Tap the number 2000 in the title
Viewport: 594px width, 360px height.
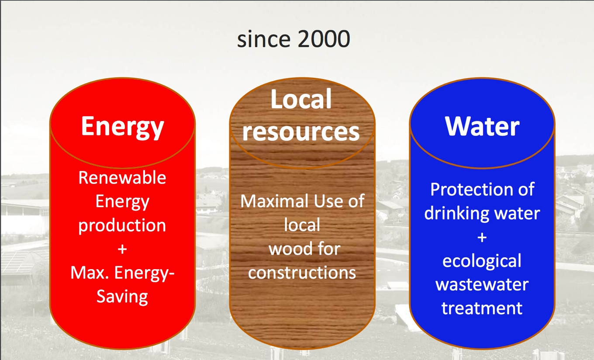pos(324,39)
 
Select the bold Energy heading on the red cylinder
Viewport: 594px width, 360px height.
pos(122,127)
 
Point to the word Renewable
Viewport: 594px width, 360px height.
pos(122,177)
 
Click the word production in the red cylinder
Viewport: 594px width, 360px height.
pos(122,226)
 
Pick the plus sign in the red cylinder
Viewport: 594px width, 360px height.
pos(122,249)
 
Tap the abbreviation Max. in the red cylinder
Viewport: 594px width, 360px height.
pos(90,273)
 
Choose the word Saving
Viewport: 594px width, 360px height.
pos(122,297)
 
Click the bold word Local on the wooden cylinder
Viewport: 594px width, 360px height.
pos(301,99)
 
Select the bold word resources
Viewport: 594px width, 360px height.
pos(301,132)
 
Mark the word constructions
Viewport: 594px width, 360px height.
pos(302,273)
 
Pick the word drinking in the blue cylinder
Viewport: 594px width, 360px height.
pos(457,214)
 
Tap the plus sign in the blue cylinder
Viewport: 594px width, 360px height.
pos(482,237)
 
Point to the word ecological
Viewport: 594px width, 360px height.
pos(482,261)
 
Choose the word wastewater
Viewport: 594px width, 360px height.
pos(482,284)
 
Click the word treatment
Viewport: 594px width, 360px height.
pos(482,308)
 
